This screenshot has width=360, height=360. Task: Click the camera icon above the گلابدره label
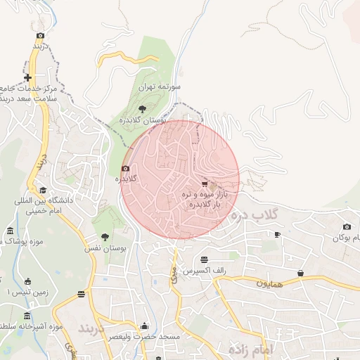[x=125, y=169]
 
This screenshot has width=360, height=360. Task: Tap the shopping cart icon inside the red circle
[x=205, y=184]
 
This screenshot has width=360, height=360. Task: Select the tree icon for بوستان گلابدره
[x=143, y=108]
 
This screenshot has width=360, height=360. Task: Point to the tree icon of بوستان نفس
[x=105, y=237]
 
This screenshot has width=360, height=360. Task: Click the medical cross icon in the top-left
[x=27, y=77]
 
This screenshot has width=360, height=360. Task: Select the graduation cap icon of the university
[x=43, y=190]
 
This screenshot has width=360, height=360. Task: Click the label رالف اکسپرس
[x=202, y=270]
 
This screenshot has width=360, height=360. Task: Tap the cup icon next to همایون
[x=301, y=273]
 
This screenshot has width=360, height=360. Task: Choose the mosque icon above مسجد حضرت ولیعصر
[x=145, y=326]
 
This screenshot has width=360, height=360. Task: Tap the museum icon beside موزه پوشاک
[x=9, y=231]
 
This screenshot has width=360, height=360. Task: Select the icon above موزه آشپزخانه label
[x=27, y=316]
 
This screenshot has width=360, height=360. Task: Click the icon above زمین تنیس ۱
[x=27, y=281]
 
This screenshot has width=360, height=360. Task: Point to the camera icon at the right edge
[x=346, y=226]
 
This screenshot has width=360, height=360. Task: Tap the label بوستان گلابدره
[x=163, y=120]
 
